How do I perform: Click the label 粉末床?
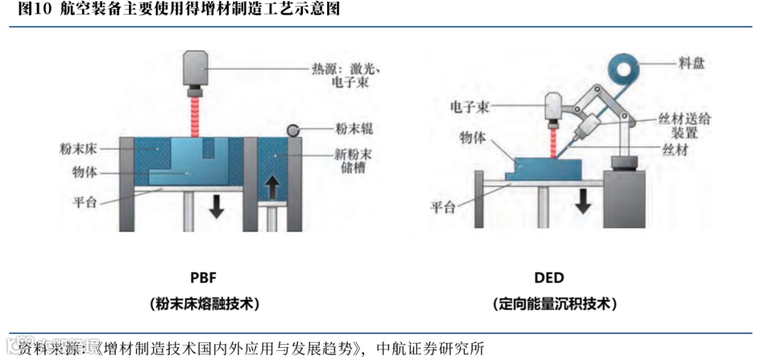click(x=79, y=149)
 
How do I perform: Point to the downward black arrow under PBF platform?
click(x=217, y=206)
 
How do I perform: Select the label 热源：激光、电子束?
click(x=349, y=76)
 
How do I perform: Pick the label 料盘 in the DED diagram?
click(x=691, y=62)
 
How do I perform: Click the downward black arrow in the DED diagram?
click(x=582, y=201)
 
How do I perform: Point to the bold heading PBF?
click(x=204, y=277)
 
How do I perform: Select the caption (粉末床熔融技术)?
click(x=204, y=304)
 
